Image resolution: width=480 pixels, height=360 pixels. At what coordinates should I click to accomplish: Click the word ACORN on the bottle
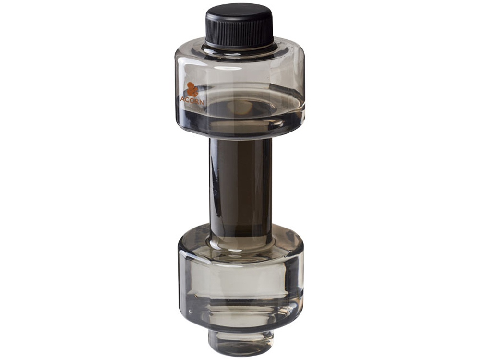192,100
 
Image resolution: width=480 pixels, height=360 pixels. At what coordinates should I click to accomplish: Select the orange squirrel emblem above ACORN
192,89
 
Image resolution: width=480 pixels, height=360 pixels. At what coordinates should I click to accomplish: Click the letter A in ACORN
183,99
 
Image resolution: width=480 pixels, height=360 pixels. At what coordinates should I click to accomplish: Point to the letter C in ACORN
188,99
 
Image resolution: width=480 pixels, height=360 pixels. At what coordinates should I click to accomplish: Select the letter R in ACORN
196,101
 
